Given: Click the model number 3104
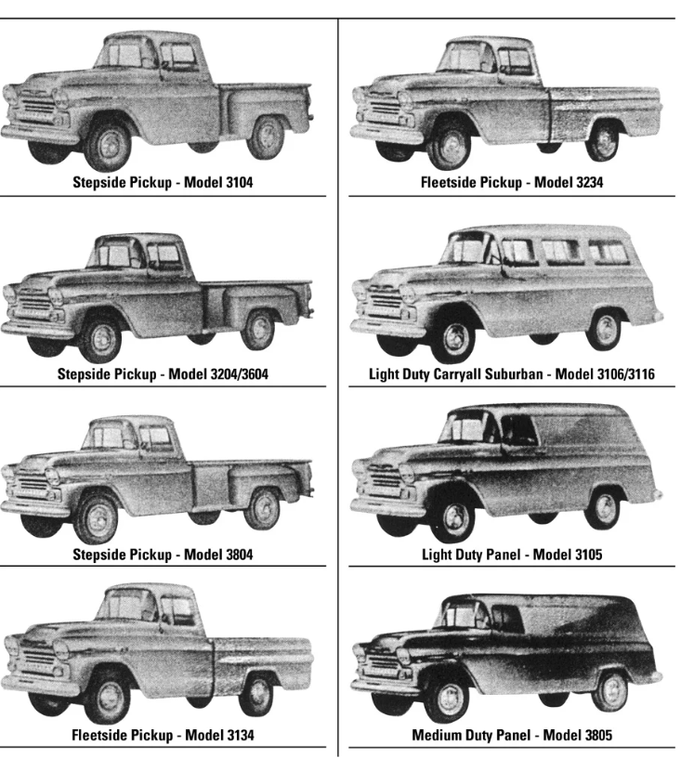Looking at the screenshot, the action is point(240,182).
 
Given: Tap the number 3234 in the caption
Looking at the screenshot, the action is point(589,182).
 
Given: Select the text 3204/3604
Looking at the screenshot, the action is point(240,374).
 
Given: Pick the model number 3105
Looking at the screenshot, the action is point(588,555).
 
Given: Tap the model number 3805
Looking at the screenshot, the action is point(598,735).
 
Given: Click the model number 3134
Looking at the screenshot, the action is point(240,735).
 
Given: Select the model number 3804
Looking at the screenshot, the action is point(240,555).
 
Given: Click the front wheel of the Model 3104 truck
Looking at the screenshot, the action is point(108,146).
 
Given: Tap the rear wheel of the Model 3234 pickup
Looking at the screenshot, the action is point(603,141).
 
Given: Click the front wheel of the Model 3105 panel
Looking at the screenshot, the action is point(455,518).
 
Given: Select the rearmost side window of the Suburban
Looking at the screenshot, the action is point(609,252).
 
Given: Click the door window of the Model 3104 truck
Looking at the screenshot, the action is point(178,57).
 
